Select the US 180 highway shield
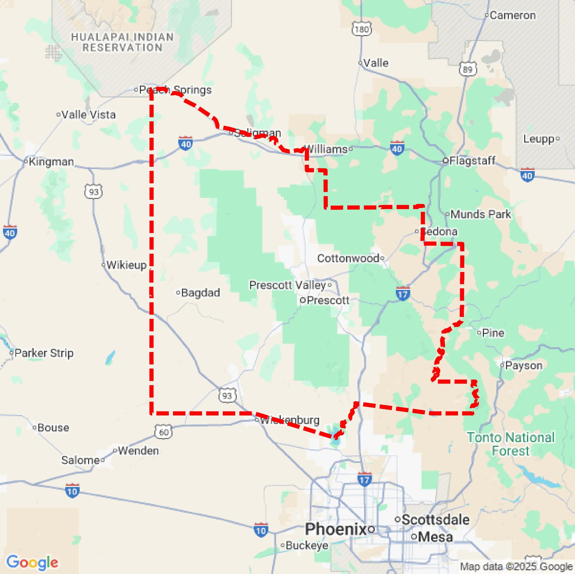(362, 29)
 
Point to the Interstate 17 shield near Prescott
(403, 294)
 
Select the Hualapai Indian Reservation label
(122, 42)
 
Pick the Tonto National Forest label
(511, 444)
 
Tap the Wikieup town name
(126, 265)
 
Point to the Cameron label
(513, 15)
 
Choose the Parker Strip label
(44, 353)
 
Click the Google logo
(32, 562)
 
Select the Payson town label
(523, 365)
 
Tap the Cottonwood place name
(348, 258)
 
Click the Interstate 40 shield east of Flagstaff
(527, 175)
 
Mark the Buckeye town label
(307, 545)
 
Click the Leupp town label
(539, 139)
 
